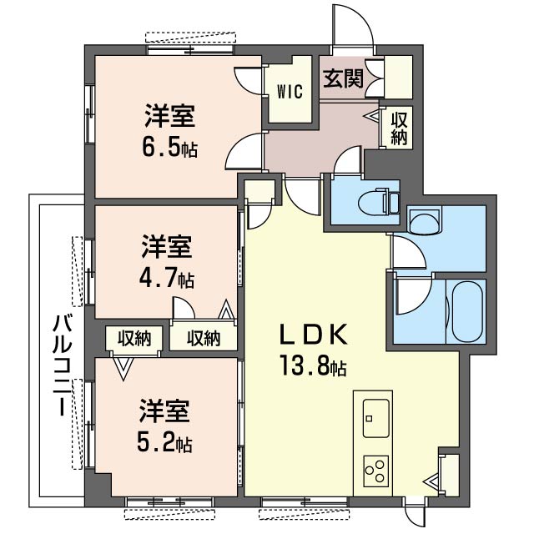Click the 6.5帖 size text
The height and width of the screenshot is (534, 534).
pos(169,149)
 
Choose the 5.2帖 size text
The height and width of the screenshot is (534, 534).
pos(166,442)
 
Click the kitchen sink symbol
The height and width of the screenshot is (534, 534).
pos(374,415)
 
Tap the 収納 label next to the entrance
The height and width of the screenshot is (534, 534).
pos(399,128)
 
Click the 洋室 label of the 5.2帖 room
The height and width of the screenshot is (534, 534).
pos(164,411)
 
